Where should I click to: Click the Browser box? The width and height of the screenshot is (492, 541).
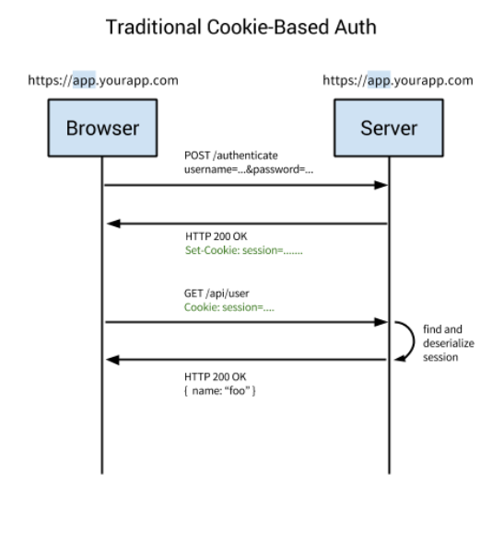[101, 127]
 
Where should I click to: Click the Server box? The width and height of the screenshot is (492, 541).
[388, 127]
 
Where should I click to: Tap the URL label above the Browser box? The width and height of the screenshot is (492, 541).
[101, 80]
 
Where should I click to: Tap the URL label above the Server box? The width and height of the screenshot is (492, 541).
[398, 80]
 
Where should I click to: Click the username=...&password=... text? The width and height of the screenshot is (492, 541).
[240, 169]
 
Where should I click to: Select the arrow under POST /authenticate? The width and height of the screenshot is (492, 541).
[245, 186]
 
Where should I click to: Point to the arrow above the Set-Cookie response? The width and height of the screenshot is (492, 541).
[245, 222]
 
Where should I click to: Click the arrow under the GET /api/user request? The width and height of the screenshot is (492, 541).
[245, 323]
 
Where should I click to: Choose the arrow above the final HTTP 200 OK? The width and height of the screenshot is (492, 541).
[245, 360]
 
